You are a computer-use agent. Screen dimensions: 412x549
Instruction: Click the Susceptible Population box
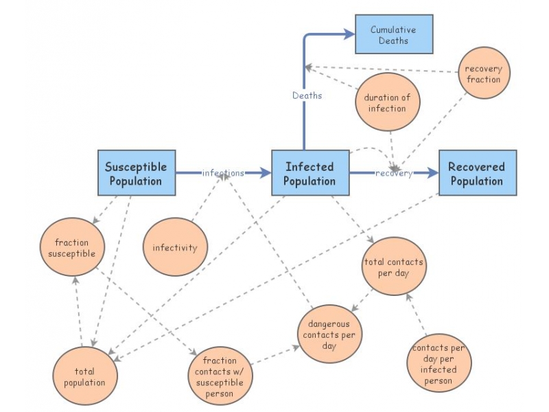(x=137, y=173)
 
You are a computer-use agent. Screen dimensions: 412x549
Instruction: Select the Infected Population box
(x=309, y=173)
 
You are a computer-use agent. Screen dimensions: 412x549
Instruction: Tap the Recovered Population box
(x=477, y=173)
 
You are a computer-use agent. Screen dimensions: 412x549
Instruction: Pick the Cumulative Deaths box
(x=394, y=34)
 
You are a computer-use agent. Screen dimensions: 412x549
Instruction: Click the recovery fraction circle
(x=484, y=74)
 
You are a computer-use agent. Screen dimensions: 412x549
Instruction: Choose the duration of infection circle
(x=388, y=103)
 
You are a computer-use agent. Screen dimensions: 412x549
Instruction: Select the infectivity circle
(x=174, y=248)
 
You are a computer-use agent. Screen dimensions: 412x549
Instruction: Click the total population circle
(x=84, y=376)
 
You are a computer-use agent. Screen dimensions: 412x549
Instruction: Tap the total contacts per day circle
(x=394, y=268)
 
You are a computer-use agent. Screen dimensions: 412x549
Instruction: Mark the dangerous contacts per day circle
(x=329, y=336)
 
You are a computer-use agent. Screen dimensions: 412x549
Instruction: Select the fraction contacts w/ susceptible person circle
(x=220, y=376)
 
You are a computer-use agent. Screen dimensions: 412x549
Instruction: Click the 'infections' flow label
(x=223, y=173)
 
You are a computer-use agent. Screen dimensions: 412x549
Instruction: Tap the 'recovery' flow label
(x=393, y=174)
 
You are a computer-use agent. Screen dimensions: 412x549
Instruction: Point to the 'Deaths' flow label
(x=307, y=95)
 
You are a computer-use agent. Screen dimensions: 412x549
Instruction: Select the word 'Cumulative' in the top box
(x=393, y=30)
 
